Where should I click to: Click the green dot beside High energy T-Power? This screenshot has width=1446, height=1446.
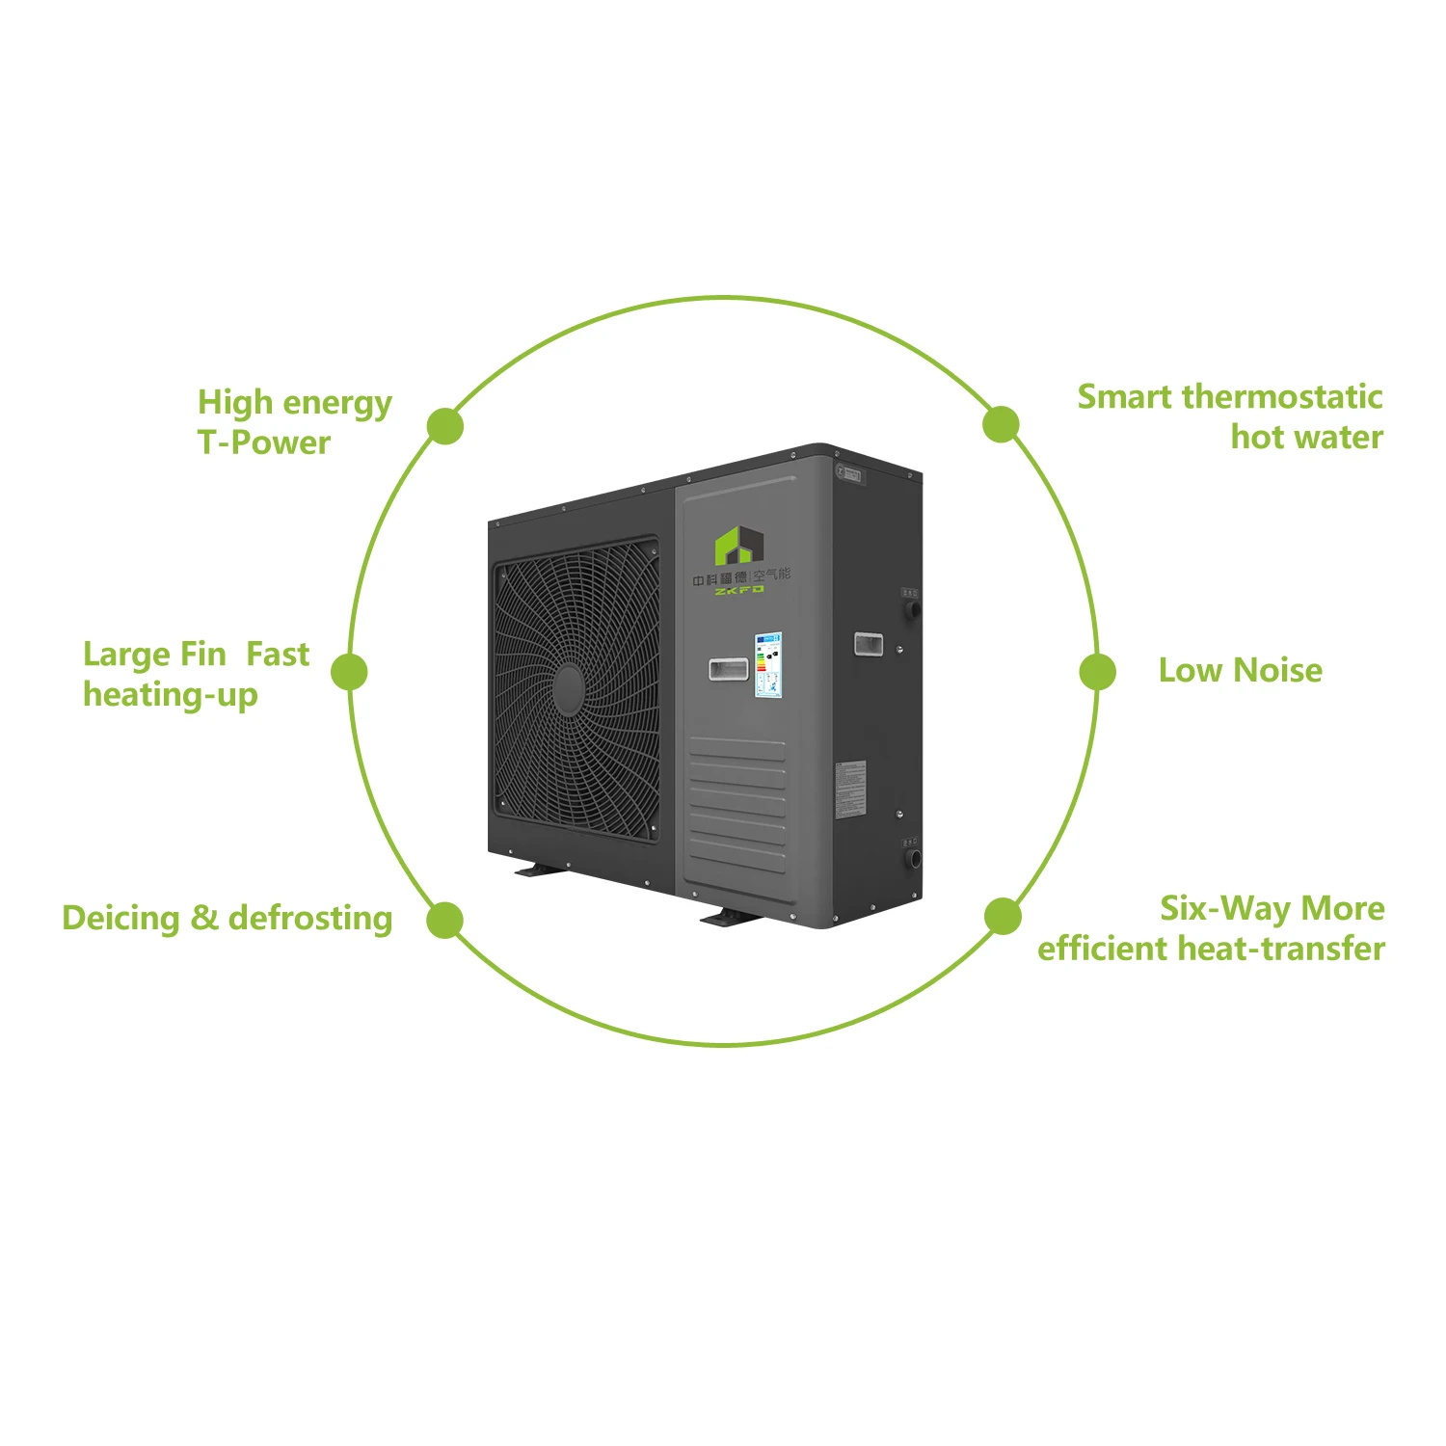tap(444, 425)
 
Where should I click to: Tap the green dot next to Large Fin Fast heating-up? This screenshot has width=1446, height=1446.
tap(349, 672)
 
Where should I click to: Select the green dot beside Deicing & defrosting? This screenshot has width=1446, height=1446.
tap(444, 920)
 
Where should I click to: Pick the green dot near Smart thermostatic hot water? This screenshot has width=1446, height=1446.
tap(1001, 424)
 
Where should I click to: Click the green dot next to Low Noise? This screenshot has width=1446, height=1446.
tap(1097, 672)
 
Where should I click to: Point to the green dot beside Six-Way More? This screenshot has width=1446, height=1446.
tap(1003, 916)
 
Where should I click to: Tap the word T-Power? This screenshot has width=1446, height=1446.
tap(263, 442)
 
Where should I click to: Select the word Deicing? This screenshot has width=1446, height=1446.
tap(120, 918)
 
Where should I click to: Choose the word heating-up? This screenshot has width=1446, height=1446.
tap(170, 695)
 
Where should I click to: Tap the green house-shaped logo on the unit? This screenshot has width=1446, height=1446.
tap(738, 547)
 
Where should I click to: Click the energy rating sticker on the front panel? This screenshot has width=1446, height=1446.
tap(768, 665)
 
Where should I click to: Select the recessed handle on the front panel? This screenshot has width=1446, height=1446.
tap(729, 668)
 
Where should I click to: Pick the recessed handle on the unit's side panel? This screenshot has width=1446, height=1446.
tap(868, 644)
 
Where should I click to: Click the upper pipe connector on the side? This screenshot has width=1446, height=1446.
tap(911, 609)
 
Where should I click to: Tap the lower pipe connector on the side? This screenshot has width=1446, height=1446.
tap(912, 857)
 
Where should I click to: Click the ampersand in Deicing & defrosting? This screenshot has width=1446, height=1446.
tap(204, 918)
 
